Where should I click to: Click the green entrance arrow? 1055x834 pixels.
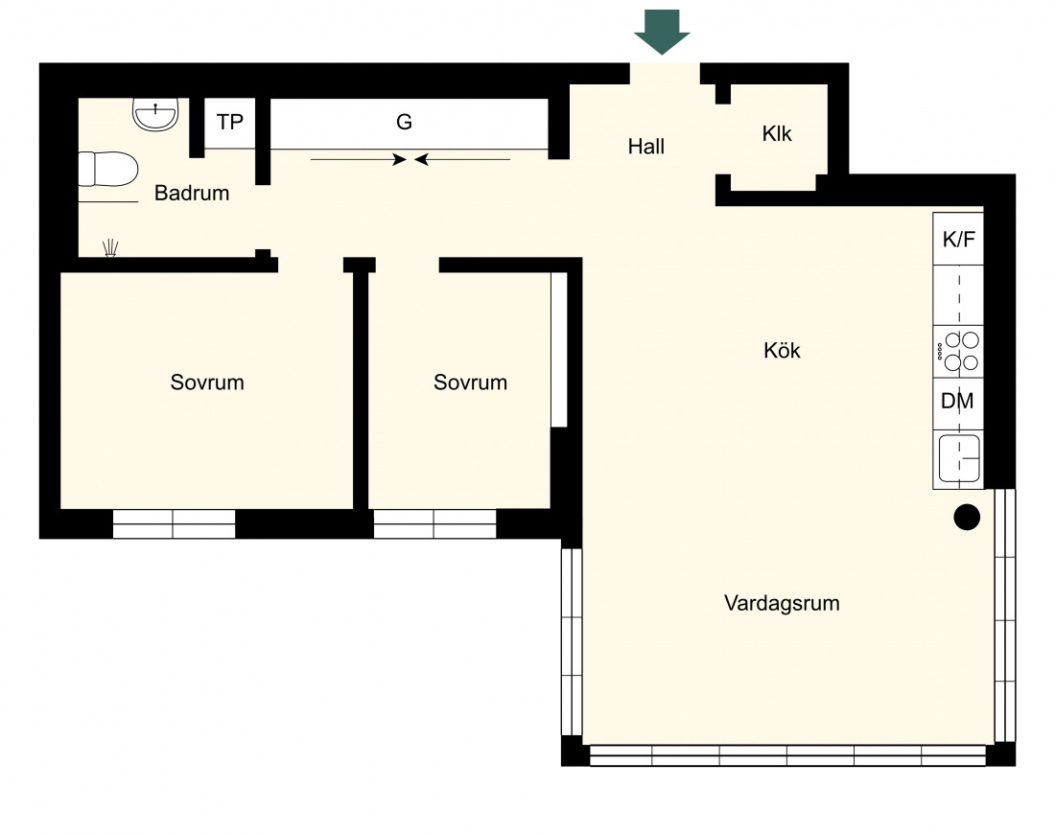tap(662, 32)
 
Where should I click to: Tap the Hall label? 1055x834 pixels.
tap(645, 147)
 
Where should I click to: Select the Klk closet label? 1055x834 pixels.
tap(777, 134)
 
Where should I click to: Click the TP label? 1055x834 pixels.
tap(229, 122)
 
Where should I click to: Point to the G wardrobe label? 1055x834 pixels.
tap(404, 122)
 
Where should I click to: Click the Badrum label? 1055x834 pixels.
tap(192, 193)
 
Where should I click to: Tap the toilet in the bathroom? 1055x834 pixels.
tap(108, 169)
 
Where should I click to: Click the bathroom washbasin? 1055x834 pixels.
tap(155, 114)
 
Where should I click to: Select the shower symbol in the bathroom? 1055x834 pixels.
tap(111, 247)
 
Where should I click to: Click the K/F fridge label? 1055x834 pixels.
tap(958, 239)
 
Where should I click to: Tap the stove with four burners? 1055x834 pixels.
tap(958, 352)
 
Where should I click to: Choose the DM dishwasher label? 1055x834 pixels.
tap(957, 401)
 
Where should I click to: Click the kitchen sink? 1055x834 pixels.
tap(959, 458)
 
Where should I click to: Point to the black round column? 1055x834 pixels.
tap(967, 518)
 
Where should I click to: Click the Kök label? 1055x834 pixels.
tap(782, 351)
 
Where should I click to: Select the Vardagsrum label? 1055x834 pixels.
tap(782, 603)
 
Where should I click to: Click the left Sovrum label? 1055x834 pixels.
tap(207, 382)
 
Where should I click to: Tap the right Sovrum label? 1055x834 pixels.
tap(470, 382)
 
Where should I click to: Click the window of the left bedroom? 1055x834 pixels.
tap(174, 523)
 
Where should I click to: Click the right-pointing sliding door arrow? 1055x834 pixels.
tap(359, 159)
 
